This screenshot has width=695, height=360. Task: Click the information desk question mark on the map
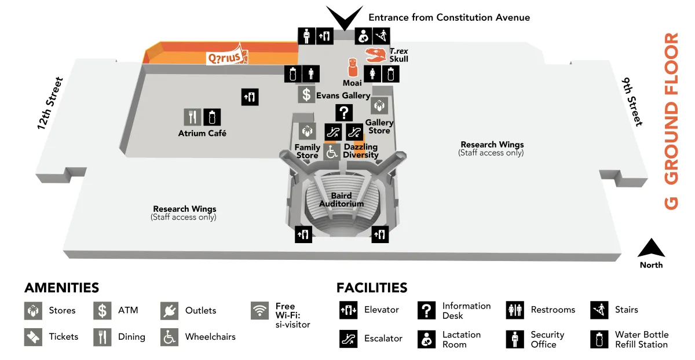click(344, 113)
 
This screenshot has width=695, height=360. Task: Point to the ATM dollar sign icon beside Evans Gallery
click(306, 94)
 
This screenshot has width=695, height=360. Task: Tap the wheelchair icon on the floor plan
click(332, 152)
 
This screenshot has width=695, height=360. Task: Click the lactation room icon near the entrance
click(363, 36)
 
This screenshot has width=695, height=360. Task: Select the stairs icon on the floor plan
click(381, 36)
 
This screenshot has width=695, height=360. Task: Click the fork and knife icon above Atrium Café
click(192, 117)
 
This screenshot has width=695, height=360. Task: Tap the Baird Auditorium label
click(341, 200)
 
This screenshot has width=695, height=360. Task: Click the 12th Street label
click(50, 104)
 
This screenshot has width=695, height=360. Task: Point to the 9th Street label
click(632, 101)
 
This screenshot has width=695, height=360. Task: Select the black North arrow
click(651, 248)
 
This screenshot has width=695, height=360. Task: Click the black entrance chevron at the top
click(344, 18)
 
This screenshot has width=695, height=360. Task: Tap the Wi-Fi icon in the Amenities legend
click(260, 311)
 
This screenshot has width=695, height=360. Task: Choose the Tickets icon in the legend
click(33, 337)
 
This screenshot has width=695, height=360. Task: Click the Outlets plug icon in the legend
click(170, 311)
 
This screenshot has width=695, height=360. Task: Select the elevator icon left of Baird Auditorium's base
click(303, 234)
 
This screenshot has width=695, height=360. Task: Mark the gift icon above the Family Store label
click(307, 131)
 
